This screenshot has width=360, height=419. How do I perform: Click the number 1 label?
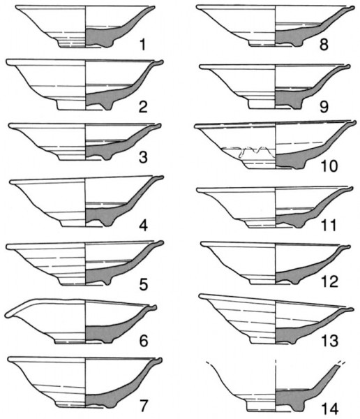(143, 45)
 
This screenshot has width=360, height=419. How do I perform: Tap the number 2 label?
(143, 107)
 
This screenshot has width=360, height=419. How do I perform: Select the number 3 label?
(143, 157)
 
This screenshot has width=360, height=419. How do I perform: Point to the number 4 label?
(144, 226)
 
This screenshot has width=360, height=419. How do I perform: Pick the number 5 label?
(144, 284)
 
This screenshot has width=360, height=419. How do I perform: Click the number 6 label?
(144, 341)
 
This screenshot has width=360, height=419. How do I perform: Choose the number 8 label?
(324, 45)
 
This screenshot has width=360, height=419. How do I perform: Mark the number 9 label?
(324, 107)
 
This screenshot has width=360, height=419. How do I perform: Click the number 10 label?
(329, 166)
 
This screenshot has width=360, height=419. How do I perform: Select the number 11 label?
(329, 226)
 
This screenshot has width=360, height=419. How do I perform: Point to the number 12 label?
(330, 281)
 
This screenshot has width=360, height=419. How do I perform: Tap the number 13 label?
(330, 341)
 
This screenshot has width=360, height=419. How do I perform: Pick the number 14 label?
(330, 409)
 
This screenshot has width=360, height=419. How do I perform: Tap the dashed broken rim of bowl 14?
(342, 363)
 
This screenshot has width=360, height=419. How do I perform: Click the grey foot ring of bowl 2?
(108, 106)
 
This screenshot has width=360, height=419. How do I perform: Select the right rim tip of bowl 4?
(161, 177)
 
